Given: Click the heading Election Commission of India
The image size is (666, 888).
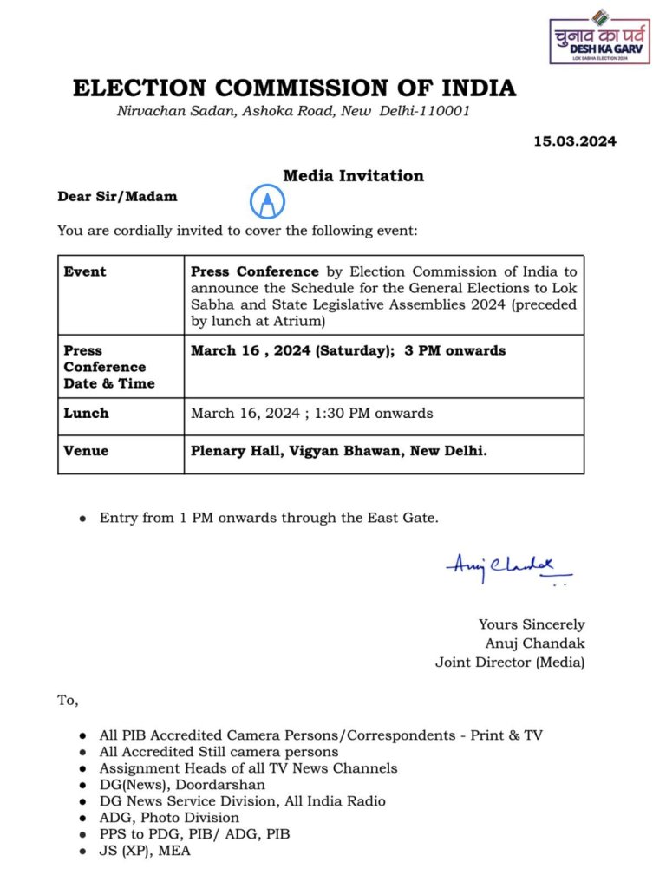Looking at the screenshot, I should point(294,88).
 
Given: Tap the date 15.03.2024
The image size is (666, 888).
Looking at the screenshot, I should point(574,141).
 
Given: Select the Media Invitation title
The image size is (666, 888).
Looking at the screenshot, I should point(353,176).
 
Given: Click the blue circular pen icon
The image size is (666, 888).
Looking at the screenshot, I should point(266,202).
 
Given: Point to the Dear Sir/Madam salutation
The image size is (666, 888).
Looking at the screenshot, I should point(117,196).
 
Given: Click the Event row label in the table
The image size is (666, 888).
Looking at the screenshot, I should point(85,271).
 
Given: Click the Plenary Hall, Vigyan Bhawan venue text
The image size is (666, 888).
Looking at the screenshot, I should point(338,451).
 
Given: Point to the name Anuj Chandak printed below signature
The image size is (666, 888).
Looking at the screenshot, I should point(534,643).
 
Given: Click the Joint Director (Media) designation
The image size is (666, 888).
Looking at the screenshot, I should point(510,663).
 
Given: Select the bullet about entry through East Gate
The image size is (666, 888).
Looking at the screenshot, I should point(269,518).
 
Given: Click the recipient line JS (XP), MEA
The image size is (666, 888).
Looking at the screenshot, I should point(145,851).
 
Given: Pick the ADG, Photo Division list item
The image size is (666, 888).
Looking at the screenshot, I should point(169,818).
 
